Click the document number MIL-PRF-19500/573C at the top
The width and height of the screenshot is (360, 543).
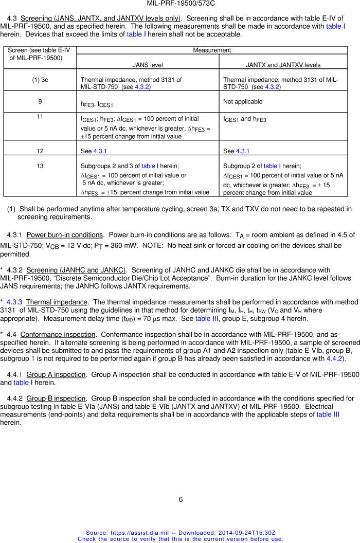(x=180, y=4)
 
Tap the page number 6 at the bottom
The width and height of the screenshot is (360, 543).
(x=181, y=499)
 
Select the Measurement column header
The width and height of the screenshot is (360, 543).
(x=212, y=50)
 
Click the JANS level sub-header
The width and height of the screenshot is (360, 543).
(x=148, y=65)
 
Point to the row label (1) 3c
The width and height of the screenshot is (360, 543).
(x=40, y=80)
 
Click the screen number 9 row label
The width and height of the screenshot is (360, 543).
(x=40, y=102)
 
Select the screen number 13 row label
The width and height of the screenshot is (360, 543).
(x=40, y=166)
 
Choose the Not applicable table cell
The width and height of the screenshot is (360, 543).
(x=243, y=102)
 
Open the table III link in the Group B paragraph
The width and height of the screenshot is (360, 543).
(x=328, y=414)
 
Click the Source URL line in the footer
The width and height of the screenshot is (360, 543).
(x=181, y=533)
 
